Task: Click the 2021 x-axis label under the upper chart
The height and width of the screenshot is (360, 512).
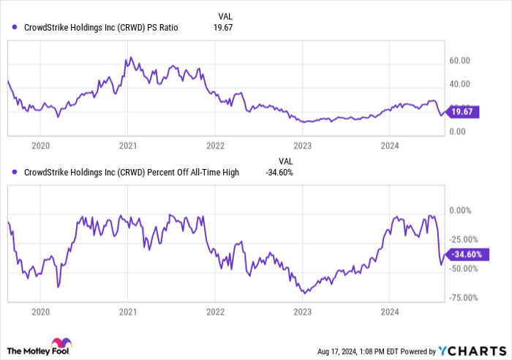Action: pyautogui.click(x=128, y=146)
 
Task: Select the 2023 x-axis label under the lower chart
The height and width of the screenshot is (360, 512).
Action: pyautogui.click(x=302, y=312)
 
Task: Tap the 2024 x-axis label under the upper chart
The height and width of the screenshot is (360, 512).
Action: pyautogui.click(x=389, y=146)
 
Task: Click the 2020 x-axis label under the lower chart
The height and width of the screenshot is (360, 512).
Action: pyautogui.click(x=41, y=312)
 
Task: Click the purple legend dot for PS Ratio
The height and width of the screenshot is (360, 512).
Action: pyautogui.click(x=15, y=28)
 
